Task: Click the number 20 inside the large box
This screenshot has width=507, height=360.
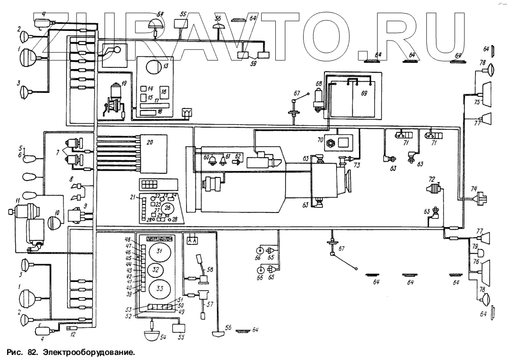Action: pyautogui.click(x=150, y=142)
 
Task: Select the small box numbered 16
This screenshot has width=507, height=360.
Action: pyautogui.click(x=164, y=92)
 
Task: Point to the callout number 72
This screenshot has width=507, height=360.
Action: pyautogui.click(x=431, y=180)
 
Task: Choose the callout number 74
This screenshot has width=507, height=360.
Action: pyautogui.click(x=474, y=189)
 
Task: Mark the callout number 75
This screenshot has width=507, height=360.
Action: pyautogui.click(x=477, y=102)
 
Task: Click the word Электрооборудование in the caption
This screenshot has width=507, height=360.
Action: pyautogui.click(x=90, y=351)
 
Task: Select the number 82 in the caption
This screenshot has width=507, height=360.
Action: pyautogui.click(x=33, y=351)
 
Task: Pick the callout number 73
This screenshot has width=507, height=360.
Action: pyautogui.click(x=357, y=166)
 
